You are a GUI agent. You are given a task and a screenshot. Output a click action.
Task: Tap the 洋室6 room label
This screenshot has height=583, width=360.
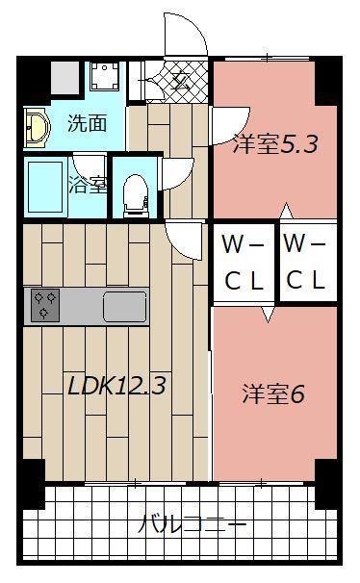tap(272, 394)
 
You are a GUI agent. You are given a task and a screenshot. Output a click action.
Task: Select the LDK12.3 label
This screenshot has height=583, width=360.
tap(116, 387)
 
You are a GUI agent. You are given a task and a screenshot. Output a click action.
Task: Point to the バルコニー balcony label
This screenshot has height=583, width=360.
tap(193, 525)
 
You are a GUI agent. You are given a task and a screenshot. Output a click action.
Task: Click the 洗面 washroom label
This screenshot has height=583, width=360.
tap(81, 123)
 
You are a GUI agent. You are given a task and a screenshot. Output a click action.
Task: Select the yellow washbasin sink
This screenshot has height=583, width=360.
tap(36, 126)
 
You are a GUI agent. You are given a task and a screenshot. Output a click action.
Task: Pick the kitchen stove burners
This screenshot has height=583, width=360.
tap(44, 305)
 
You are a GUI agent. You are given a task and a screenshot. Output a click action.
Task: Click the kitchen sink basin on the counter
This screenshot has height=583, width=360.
tap(124, 307)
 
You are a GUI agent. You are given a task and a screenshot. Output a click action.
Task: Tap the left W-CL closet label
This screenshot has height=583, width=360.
tap(244, 262)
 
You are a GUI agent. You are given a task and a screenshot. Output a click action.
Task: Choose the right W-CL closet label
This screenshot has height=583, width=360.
tap(306, 262)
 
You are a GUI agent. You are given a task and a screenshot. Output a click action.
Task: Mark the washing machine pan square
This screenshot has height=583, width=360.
tap(103, 77)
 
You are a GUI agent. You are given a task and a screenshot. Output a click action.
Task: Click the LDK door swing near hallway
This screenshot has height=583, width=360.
tap(182, 236)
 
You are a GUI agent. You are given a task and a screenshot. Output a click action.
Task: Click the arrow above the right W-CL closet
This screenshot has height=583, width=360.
tap(285, 210)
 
